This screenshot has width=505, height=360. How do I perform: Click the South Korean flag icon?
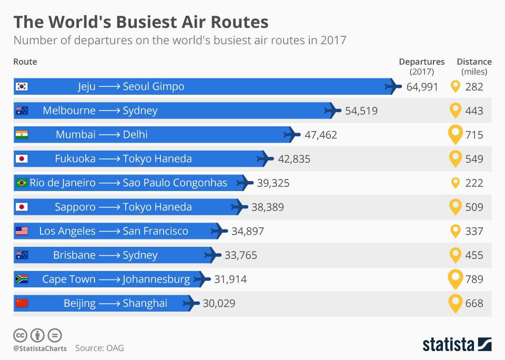[22, 86]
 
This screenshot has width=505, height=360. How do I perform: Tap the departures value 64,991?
[422, 87]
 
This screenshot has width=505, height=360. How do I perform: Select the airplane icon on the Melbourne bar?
[332, 111]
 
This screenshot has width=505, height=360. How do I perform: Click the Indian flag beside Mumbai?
[22, 135]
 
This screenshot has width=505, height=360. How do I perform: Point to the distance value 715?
[474, 135]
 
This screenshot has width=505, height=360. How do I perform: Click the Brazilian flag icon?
[22, 183]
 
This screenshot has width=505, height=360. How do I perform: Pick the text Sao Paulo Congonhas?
[175, 183]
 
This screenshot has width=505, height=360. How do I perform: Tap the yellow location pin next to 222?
[456, 183]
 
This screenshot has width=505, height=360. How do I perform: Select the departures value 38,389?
[267, 207]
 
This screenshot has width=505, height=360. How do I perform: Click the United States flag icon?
[22, 231]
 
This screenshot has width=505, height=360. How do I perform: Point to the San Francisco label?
[155, 231]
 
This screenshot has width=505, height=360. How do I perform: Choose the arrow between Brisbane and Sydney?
[109, 255]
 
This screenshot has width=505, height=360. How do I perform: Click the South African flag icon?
[22, 279]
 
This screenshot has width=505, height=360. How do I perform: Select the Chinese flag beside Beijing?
[22, 303]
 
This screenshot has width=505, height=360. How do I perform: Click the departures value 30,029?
[219, 304]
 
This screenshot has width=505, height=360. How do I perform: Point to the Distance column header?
[474, 62]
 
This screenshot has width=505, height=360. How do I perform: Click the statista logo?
[457, 345]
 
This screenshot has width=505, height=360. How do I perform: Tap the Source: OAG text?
[99, 348]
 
